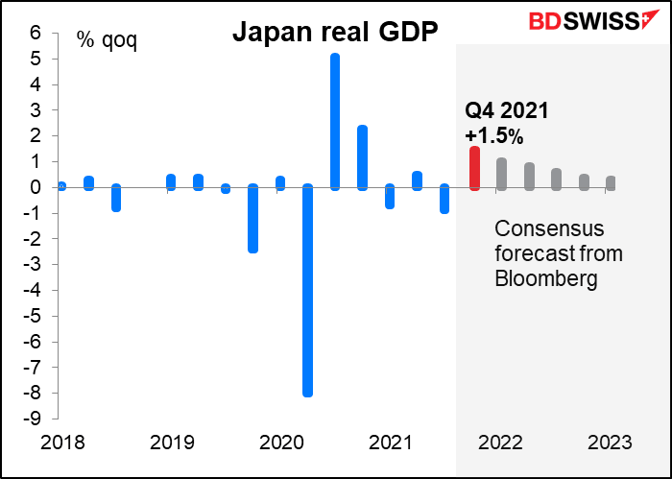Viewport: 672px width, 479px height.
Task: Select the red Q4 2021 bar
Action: click(x=474, y=168)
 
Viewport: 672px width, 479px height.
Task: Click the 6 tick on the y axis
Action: click(x=35, y=33)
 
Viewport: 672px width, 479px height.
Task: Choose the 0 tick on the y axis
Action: click(x=35, y=187)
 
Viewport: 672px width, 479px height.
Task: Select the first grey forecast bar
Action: click(x=501, y=174)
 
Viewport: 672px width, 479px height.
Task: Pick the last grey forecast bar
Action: click(x=612, y=182)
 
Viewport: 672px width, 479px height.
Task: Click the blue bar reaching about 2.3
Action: click(x=362, y=157)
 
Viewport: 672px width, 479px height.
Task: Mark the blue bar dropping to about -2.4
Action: click(x=252, y=218)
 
